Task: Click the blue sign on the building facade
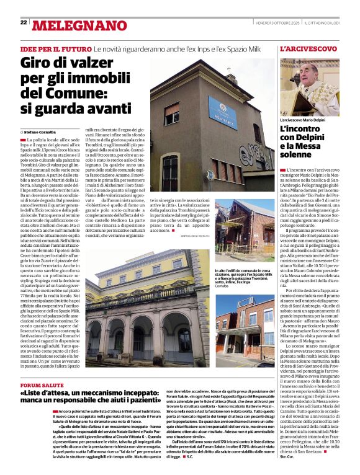(x=222, y=112)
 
